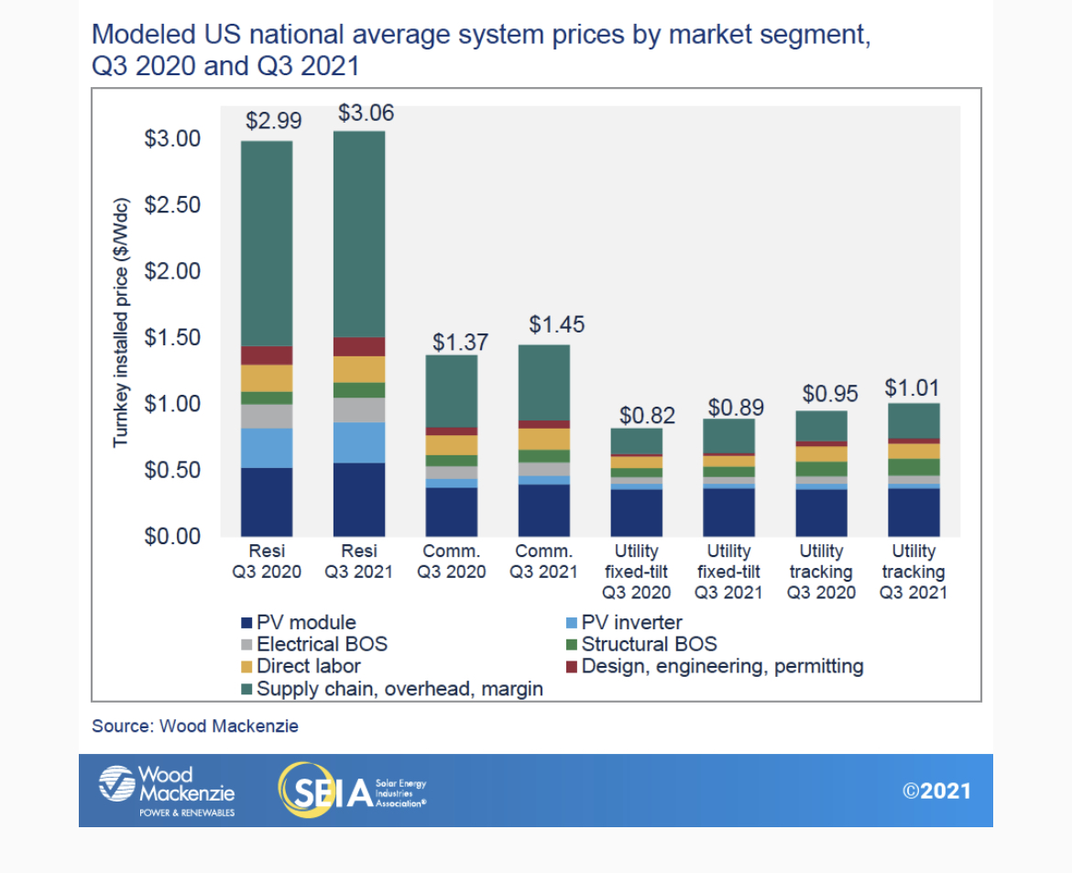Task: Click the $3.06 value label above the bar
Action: [366, 114]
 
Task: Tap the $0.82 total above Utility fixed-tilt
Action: [647, 415]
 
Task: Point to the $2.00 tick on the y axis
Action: [173, 271]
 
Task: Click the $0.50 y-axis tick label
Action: [173, 470]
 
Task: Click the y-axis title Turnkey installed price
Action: [121, 322]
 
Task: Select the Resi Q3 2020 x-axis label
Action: [267, 561]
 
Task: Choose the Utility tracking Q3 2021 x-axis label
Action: [913, 571]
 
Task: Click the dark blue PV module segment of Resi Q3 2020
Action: [267, 501]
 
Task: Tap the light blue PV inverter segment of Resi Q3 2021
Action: [359, 442]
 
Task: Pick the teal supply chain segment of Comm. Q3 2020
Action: [452, 391]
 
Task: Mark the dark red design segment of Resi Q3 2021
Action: [359, 346]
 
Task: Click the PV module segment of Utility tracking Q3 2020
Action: [821, 513]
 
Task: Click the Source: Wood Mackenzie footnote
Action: [195, 726]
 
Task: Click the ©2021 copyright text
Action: [936, 791]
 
